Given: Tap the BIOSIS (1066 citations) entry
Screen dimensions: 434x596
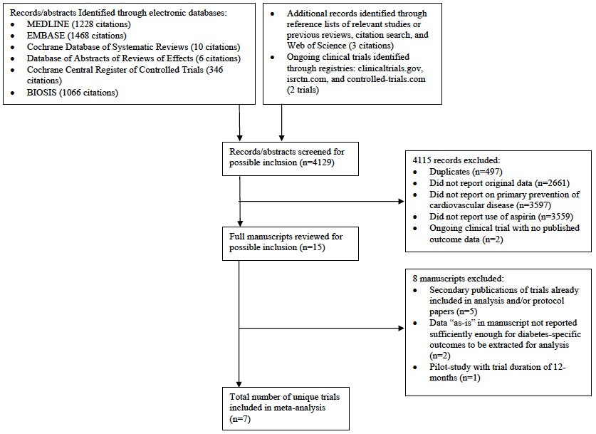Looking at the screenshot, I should (70, 93).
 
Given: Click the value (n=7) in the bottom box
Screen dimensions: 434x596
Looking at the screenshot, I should (235, 420).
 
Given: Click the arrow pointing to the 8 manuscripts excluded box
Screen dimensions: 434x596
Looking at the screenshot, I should (397, 329).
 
